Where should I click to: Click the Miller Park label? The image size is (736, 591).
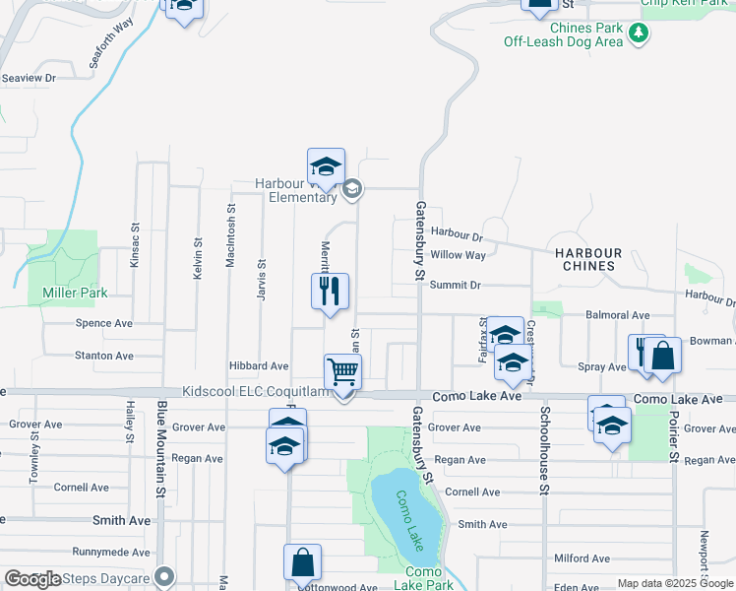pos(75,293)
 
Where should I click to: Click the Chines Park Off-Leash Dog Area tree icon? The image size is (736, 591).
pos(640,34)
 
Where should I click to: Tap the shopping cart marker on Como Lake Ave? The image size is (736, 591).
pos(342,372)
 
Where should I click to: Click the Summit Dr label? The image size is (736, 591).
pos(455,285)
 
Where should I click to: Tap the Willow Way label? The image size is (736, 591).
pos(459,255)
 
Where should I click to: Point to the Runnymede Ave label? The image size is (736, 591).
pos(112,553)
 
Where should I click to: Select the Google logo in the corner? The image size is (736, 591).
pos(33,579)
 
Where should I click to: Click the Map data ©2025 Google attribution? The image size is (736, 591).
pos(675,583)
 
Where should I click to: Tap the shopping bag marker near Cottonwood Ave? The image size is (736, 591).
pos(303,562)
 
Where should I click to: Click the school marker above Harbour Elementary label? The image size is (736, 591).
pos(326,164)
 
